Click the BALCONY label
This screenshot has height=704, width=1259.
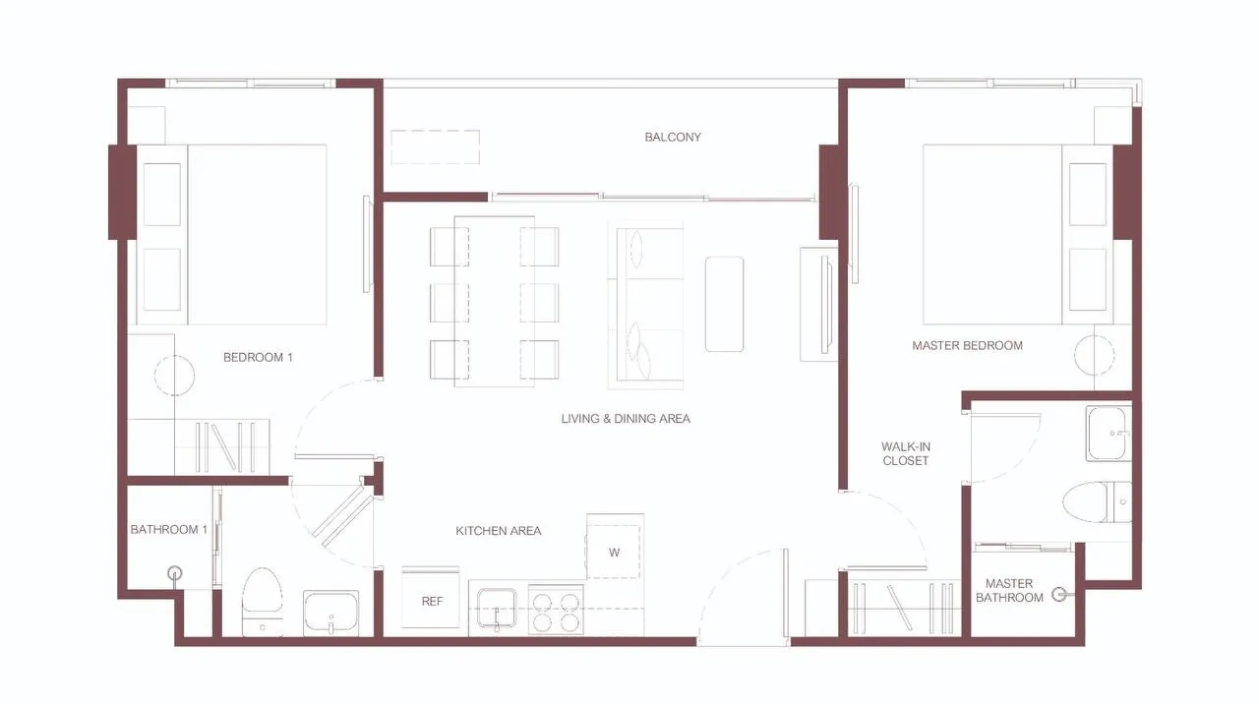(x=672, y=137)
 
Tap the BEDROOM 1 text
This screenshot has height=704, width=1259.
(x=258, y=357)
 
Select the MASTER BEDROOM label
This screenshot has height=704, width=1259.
(x=967, y=345)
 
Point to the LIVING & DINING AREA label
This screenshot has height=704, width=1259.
(x=626, y=419)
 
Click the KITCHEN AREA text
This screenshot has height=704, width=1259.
(x=499, y=531)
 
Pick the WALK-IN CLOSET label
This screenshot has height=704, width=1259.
(x=906, y=453)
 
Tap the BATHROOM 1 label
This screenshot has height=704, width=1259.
(x=168, y=529)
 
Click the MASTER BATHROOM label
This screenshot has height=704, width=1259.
(x=1009, y=591)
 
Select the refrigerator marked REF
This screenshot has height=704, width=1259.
(x=431, y=597)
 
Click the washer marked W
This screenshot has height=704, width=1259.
(x=615, y=546)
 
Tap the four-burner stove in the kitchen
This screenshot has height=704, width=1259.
(x=556, y=611)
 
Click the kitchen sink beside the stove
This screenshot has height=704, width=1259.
(x=497, y=608)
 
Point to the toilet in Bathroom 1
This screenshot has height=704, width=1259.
(x=262, y=602)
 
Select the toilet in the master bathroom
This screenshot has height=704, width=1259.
(x=1097, y=501)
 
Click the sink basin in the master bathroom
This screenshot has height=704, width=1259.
(x=1108, y=434)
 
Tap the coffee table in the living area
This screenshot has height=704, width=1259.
(x=725, y=305)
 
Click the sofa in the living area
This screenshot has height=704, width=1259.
(x=646, y=305)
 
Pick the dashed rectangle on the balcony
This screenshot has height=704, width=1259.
(x=436, y=147)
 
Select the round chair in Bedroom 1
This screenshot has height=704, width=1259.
(x=175, y=376)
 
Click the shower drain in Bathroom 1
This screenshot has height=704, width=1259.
(x=175, y=573)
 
